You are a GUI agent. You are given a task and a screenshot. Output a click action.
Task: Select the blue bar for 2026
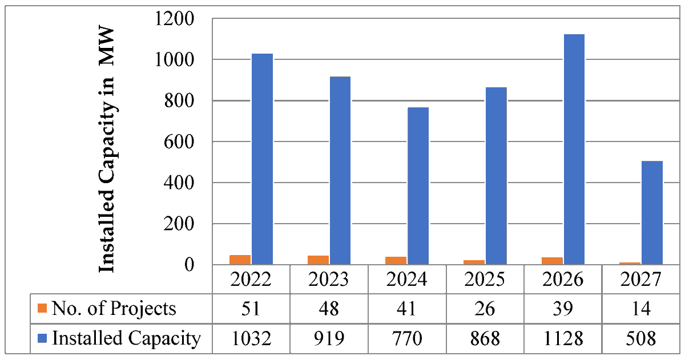pos(574,149)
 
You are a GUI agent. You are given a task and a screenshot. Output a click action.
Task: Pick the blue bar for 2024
pos(418,186)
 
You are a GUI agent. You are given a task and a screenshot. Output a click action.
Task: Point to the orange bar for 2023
pos(319,260)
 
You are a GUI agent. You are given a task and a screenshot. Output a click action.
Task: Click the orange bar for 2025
pos(474,262)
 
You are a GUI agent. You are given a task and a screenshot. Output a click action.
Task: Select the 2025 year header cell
pos(485,280)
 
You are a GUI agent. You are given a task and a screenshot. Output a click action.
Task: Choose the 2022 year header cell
pos(251,280)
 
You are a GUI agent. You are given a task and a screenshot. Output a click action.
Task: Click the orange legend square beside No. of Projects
pos(42,309)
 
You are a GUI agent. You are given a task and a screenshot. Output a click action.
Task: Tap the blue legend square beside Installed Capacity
pos(42,338)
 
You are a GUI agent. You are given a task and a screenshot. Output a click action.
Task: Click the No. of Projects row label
pos(114,309)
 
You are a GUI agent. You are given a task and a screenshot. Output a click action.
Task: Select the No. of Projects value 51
pos(251,309)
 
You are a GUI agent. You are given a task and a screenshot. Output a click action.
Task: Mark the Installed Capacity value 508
pos(642,338)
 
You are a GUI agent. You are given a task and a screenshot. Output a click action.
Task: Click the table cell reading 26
pos(485,309)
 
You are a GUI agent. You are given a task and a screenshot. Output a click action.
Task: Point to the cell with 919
pos(328,338)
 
